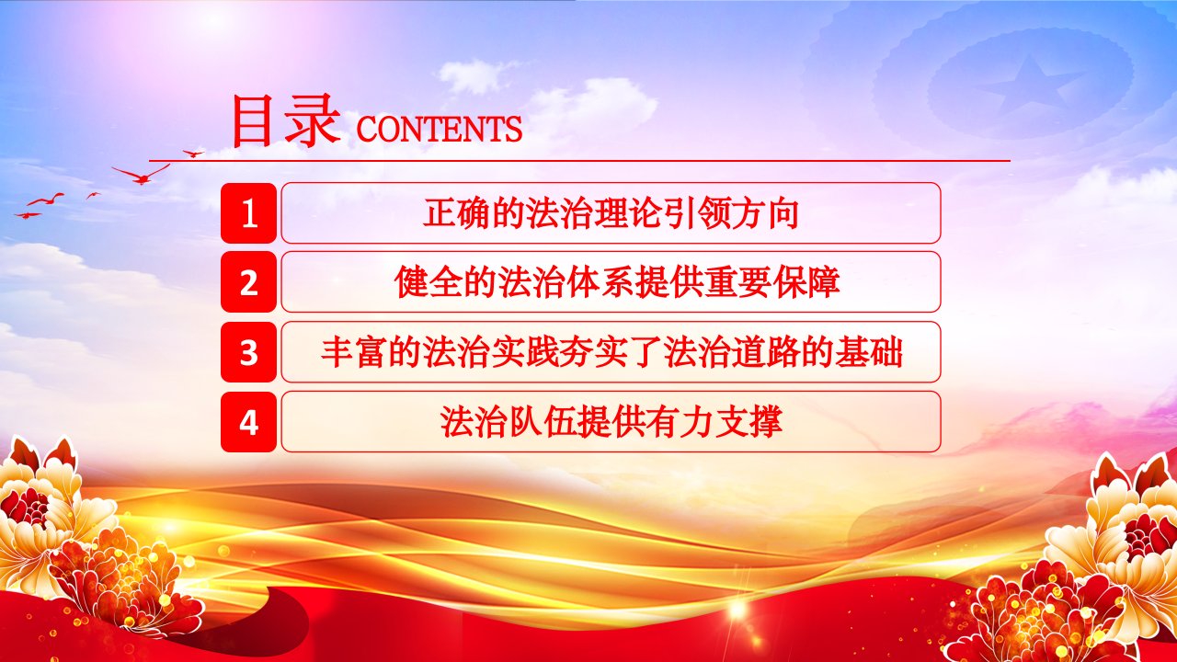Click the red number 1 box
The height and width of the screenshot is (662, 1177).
tap(248, 212)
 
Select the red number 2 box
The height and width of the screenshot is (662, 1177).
tap(248, 282)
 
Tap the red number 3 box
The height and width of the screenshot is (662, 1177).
tap(248, 352)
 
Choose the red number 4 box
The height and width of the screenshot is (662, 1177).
tap(248, 422)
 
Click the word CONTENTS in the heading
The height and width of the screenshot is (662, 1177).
tap(440, 130)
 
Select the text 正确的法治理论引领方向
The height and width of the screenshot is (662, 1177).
tap(611, 212)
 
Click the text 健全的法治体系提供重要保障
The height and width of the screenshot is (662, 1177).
tap(617, 282)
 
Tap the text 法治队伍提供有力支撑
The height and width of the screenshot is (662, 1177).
tap(611, 422)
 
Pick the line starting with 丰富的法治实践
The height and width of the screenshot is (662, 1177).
tap(611, 352)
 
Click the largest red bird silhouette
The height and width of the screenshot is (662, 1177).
tap(141, 175)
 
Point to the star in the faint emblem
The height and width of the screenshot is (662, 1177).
tap(1031, 86)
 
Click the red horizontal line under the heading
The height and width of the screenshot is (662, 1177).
tap(579, 161)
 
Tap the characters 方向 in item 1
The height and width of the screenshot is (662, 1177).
tap(764, 212)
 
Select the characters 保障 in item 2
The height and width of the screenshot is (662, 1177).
tap(806, 282)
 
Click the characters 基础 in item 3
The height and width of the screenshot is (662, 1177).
tap(869, 352)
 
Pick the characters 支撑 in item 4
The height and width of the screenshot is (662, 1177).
tap(748, 422)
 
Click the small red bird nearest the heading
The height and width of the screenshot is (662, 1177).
tap(193, 154)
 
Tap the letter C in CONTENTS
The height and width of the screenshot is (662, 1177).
tap(367, 130)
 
